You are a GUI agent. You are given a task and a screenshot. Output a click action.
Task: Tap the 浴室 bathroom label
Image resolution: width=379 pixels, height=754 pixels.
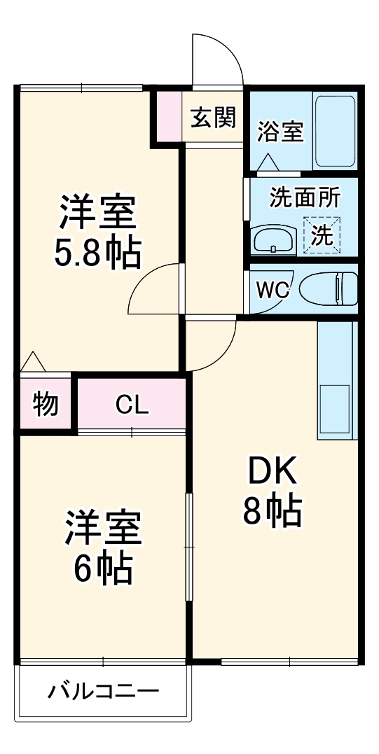pos(280,132)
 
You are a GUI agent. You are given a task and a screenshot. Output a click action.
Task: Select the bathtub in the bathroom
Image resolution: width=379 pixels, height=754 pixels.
pos(336,131)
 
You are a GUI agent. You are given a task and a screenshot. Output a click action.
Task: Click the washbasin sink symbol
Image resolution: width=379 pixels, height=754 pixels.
pos(273,239)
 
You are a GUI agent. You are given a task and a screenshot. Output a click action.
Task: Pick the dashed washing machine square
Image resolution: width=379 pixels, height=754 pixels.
pos(322,234)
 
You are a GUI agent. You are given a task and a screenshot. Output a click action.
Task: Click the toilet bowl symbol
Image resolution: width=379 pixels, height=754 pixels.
pos(329,288)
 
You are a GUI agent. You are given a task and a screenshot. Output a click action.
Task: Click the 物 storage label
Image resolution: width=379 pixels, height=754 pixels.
pos(46,404)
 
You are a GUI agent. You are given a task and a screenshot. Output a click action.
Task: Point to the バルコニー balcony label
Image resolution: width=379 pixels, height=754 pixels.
pos(103,692)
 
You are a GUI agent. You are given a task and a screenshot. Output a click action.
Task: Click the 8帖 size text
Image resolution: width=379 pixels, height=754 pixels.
pos(273,512)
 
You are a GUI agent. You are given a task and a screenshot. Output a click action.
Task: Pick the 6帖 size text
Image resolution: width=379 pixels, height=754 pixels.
pos(102,568)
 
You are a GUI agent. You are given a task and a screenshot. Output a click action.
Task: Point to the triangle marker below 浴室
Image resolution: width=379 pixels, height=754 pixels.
pos(268,162)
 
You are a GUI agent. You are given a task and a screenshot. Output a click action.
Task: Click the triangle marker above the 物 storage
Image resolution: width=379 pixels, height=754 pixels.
pos(33,362)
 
